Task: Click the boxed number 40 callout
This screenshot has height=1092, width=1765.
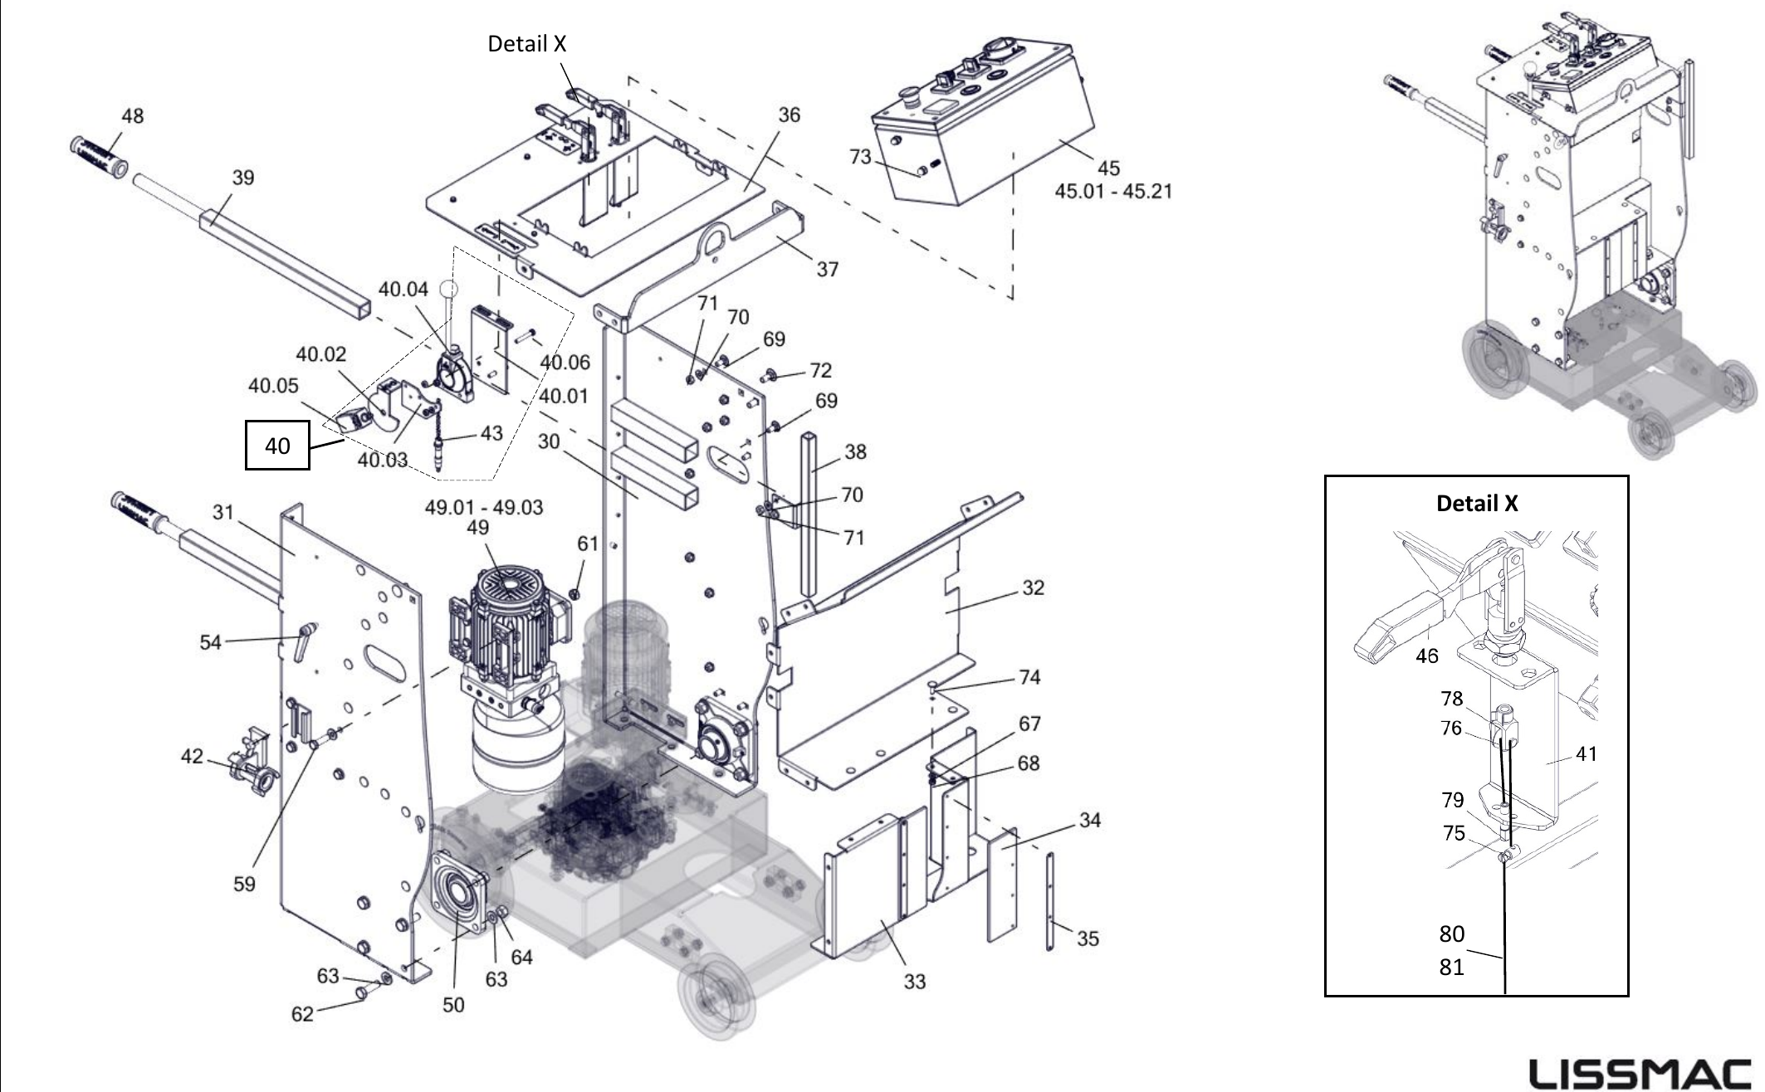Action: [x=277, y=446]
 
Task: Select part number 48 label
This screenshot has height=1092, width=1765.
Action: [x=133, y=115]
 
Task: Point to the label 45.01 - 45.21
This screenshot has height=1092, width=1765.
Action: [x=1113, y=191]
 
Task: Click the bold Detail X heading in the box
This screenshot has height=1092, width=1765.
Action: [x=1477, y=503]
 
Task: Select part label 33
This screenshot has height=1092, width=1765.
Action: [x=914, y=982]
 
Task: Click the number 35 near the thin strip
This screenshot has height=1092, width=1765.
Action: [x=1088, y=938]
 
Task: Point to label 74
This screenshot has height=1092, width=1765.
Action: [x=1029, y=677]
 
